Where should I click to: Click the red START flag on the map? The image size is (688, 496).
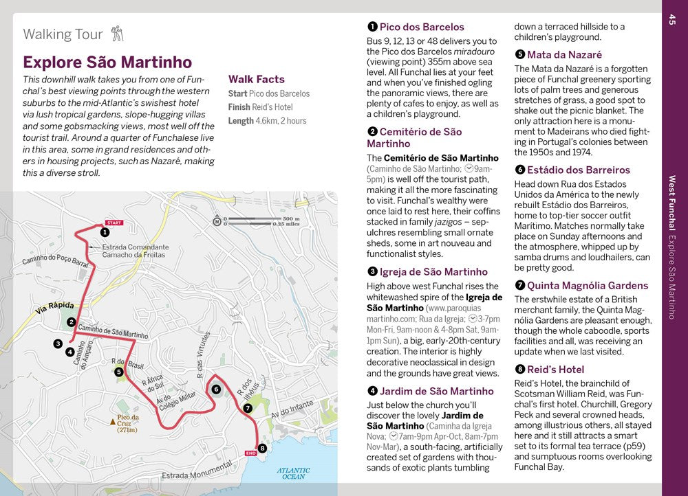114,223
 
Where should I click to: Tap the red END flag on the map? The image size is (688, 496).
250,453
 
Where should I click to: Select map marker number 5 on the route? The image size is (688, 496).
119,372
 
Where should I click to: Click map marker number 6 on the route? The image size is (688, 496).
216,390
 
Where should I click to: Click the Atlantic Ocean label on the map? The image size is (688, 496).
293,473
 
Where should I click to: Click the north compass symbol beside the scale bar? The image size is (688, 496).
217,221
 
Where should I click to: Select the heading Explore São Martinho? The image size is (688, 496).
107,63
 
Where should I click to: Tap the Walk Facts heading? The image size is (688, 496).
256,79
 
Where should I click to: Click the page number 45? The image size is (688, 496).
671,21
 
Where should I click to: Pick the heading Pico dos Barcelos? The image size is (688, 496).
422,27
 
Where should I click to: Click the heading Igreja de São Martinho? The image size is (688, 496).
433,271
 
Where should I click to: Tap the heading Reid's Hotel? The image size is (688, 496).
555,369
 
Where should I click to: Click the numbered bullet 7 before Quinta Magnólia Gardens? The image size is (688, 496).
519,286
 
